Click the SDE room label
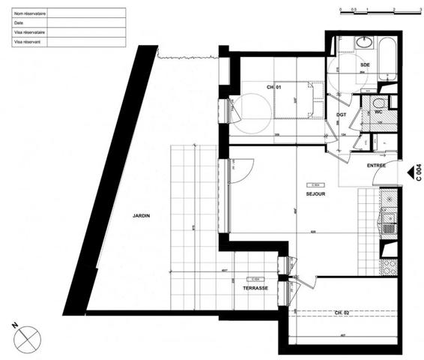pos(365,65)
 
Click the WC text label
pos(368,112)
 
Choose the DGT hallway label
pos(340,115)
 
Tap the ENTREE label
pos(375,165)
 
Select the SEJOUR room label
pos(315,193)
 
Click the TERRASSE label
pos(255,287)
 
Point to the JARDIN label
pos(142,215)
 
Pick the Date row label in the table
pos(19,23)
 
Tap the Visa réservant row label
pos(27,43)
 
